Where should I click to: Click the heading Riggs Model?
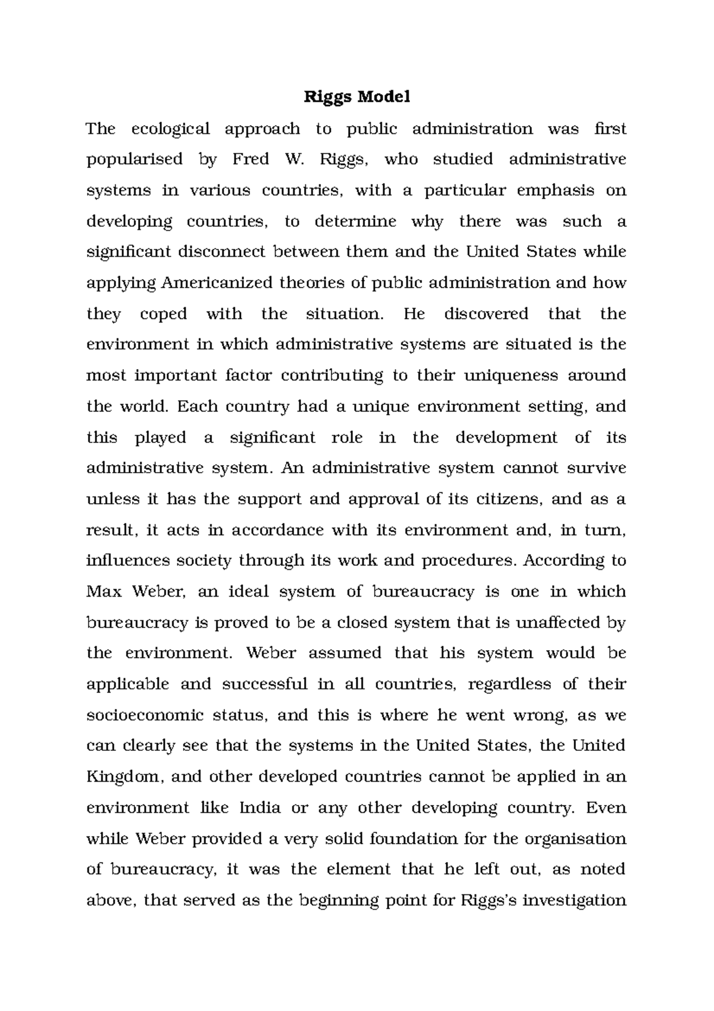coord(357,97)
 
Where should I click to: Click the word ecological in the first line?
coord(170,129)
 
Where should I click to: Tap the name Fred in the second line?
coord(250,160)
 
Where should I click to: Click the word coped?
coord(164,314)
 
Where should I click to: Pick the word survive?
coord(597,468)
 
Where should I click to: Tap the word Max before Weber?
coord(104,592)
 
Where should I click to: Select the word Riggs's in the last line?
coord(488,900)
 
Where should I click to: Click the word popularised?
coord(134,160)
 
